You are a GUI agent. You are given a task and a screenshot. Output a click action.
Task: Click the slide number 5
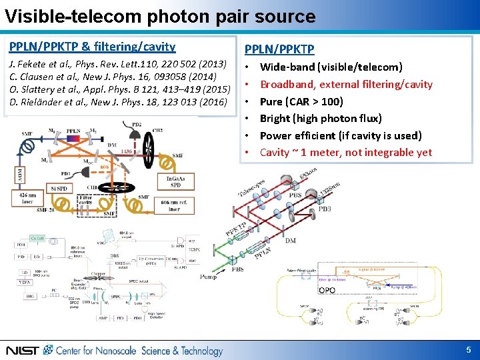(x=469, y=349)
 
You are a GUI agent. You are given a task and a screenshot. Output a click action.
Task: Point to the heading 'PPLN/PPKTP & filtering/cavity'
(x=92, y=47)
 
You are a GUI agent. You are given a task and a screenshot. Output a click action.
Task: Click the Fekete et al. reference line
(x=117, y=65)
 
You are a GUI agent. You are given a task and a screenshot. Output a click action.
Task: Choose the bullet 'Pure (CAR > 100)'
(x=301, y=101)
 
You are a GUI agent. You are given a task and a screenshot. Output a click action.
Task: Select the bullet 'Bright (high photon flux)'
(x=321, y=119)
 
